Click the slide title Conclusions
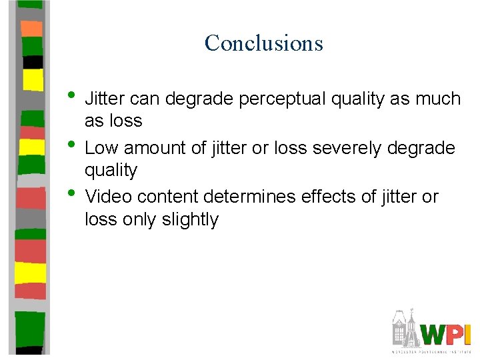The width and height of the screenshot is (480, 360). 264,43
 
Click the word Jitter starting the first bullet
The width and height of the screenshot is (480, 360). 105,99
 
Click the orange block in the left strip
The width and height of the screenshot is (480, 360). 31,28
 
